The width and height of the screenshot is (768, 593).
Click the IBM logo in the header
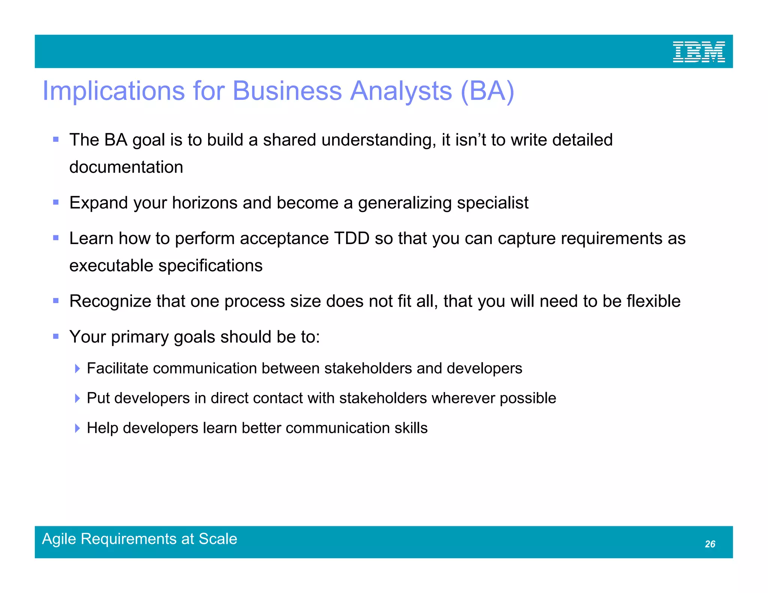pos(699,52)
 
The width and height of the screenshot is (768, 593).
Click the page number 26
pos(710,544)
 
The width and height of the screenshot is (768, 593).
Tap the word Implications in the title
pos(114,91)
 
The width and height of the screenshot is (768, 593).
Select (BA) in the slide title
pos(487,91)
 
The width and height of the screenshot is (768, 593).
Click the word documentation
pos(126,167)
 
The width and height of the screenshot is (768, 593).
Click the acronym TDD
pos(351,238)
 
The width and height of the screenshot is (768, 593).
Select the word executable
pos(111,266)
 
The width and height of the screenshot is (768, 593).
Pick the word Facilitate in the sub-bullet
pos(117,368)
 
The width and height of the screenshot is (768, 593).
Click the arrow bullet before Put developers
pos(77,398)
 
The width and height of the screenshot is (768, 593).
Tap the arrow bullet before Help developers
pos(77,428)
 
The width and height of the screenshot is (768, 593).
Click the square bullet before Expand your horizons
pos(56,203)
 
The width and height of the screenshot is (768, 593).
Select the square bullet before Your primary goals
pos(56,337)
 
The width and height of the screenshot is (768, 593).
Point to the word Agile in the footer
pos(59,539)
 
